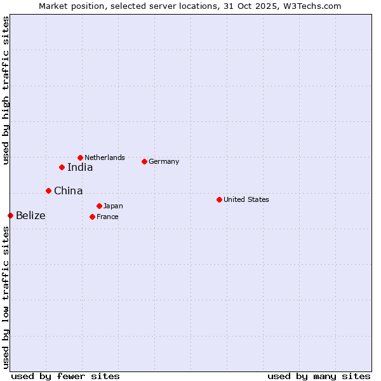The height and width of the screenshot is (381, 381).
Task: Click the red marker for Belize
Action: [10, 215]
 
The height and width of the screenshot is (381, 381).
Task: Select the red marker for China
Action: [48, 190]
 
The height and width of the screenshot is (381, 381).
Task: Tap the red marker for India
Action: [62, 167]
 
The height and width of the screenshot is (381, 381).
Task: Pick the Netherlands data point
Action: [80, 157]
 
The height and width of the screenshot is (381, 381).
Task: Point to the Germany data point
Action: [144, 161]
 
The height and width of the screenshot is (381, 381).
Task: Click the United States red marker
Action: [219, 199]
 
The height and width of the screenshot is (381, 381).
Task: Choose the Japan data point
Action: [99, 206]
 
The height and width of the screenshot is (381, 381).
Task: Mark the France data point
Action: [92, 217]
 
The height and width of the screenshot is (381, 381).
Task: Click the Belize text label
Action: [30, 215]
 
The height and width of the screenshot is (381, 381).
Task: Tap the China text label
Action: [68, 190]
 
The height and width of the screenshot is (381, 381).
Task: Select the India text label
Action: [80, 167]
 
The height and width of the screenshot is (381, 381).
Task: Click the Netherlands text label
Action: [105, 157]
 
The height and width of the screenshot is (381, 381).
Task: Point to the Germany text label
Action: [164, 161]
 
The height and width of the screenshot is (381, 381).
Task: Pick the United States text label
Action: [246, 199]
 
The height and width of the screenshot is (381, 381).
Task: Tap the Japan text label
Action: [113, 206]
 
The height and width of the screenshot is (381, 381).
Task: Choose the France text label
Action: [107, 217]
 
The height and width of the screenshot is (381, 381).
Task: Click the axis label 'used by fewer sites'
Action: [65, 376]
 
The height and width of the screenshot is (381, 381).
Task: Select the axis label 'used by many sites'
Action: [319, 376]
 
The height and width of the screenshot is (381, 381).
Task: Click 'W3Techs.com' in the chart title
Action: [314, 6]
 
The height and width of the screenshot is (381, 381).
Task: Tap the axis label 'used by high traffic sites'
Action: [6, 90]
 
